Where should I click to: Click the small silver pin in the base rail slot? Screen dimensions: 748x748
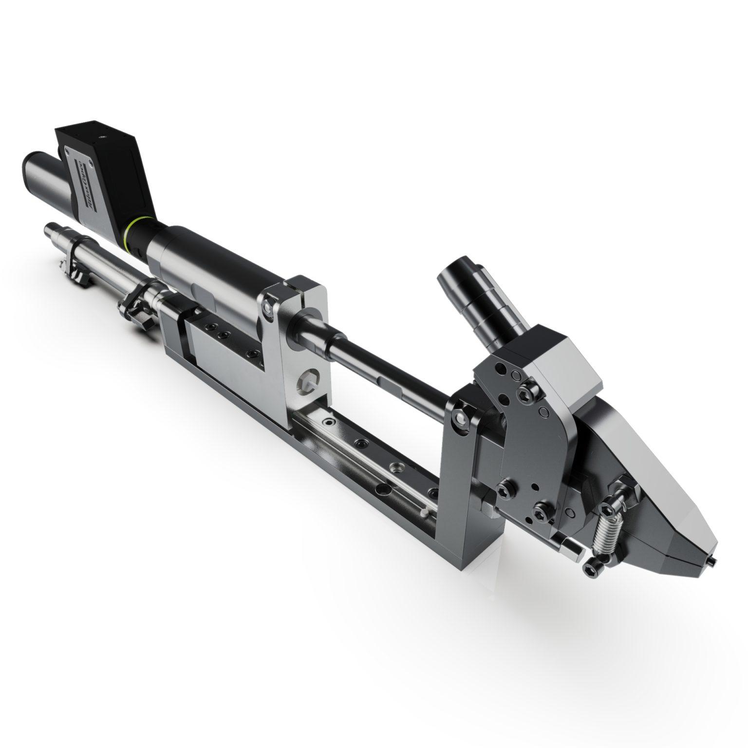[x=426, y=512]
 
